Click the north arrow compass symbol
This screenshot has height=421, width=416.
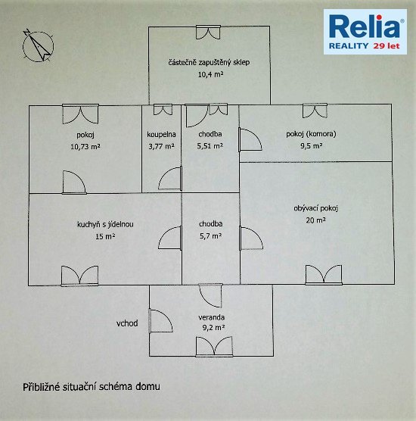[x=38, y=46]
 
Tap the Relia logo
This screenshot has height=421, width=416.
[x=365, y=32]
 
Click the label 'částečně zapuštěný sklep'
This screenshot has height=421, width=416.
[x=209, y=63]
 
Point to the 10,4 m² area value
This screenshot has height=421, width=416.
[x=210, y=74]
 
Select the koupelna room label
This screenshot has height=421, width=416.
[x=161, y=134]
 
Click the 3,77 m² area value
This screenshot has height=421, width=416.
[x=161, y=146]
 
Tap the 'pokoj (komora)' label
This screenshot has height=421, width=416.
[x=311, y=134]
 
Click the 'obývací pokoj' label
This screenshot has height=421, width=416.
[x=315, y=208]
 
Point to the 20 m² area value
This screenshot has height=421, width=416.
[x=315, y=220]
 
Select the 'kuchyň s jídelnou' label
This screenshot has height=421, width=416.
[x=105, y=224]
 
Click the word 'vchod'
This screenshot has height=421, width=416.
[x=127, y=323]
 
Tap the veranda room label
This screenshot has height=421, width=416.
[x=211, y=317]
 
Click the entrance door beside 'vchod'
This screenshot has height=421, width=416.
[x=160, y=321]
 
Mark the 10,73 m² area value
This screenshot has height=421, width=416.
[x=85, y=147]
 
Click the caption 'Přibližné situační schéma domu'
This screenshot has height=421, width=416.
[x=92, y=387]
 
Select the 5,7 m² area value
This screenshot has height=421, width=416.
[x=210, y=236]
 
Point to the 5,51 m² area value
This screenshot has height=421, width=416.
[x=210, y=146]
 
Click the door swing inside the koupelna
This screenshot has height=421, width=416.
[x=170, y=178]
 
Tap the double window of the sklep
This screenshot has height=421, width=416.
[x=208, y=33]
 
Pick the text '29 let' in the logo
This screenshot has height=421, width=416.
[x=387, y=46]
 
